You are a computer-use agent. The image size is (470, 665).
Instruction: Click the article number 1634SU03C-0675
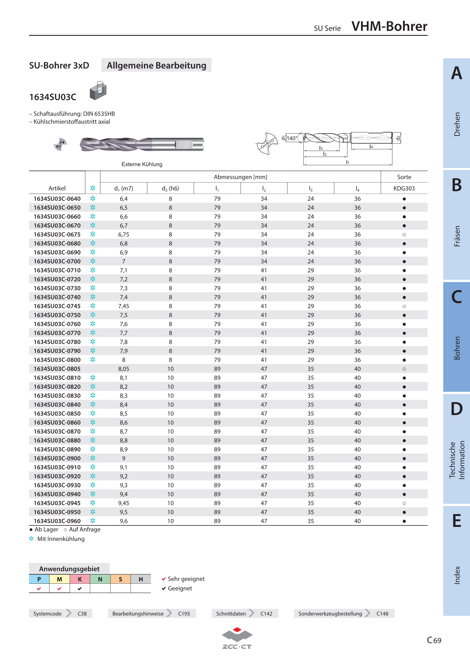coord(57,234)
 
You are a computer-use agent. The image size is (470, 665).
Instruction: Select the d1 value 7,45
coord(124,306)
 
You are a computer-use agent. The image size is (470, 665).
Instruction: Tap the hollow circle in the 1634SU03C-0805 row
coord(404,369)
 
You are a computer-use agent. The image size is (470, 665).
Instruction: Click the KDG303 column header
coord(404,188)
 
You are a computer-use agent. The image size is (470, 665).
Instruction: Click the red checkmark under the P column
coord(39,588)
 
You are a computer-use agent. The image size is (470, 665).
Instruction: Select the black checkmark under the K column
coord(80,588)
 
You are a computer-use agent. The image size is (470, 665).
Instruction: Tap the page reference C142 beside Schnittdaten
coord(266,614)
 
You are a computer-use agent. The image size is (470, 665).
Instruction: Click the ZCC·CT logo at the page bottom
coord(237,638)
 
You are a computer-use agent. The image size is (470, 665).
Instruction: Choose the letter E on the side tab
coord(456,521)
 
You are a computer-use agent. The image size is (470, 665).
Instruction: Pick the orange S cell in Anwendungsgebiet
coord(121,579)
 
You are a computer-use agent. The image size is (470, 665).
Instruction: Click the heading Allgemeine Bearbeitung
coord(156,65)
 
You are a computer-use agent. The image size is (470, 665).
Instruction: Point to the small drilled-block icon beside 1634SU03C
coord(98,90)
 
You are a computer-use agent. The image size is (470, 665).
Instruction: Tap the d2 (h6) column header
coord(170,188)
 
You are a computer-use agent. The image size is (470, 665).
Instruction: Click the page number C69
coord(434,640)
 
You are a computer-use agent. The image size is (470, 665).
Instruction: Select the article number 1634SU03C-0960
coord(57,521)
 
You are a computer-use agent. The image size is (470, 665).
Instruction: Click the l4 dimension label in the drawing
coord(371,146)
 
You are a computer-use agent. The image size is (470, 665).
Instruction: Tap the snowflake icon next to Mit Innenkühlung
coord(31,538)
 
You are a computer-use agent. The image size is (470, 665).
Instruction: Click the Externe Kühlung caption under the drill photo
coord(142,164)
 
